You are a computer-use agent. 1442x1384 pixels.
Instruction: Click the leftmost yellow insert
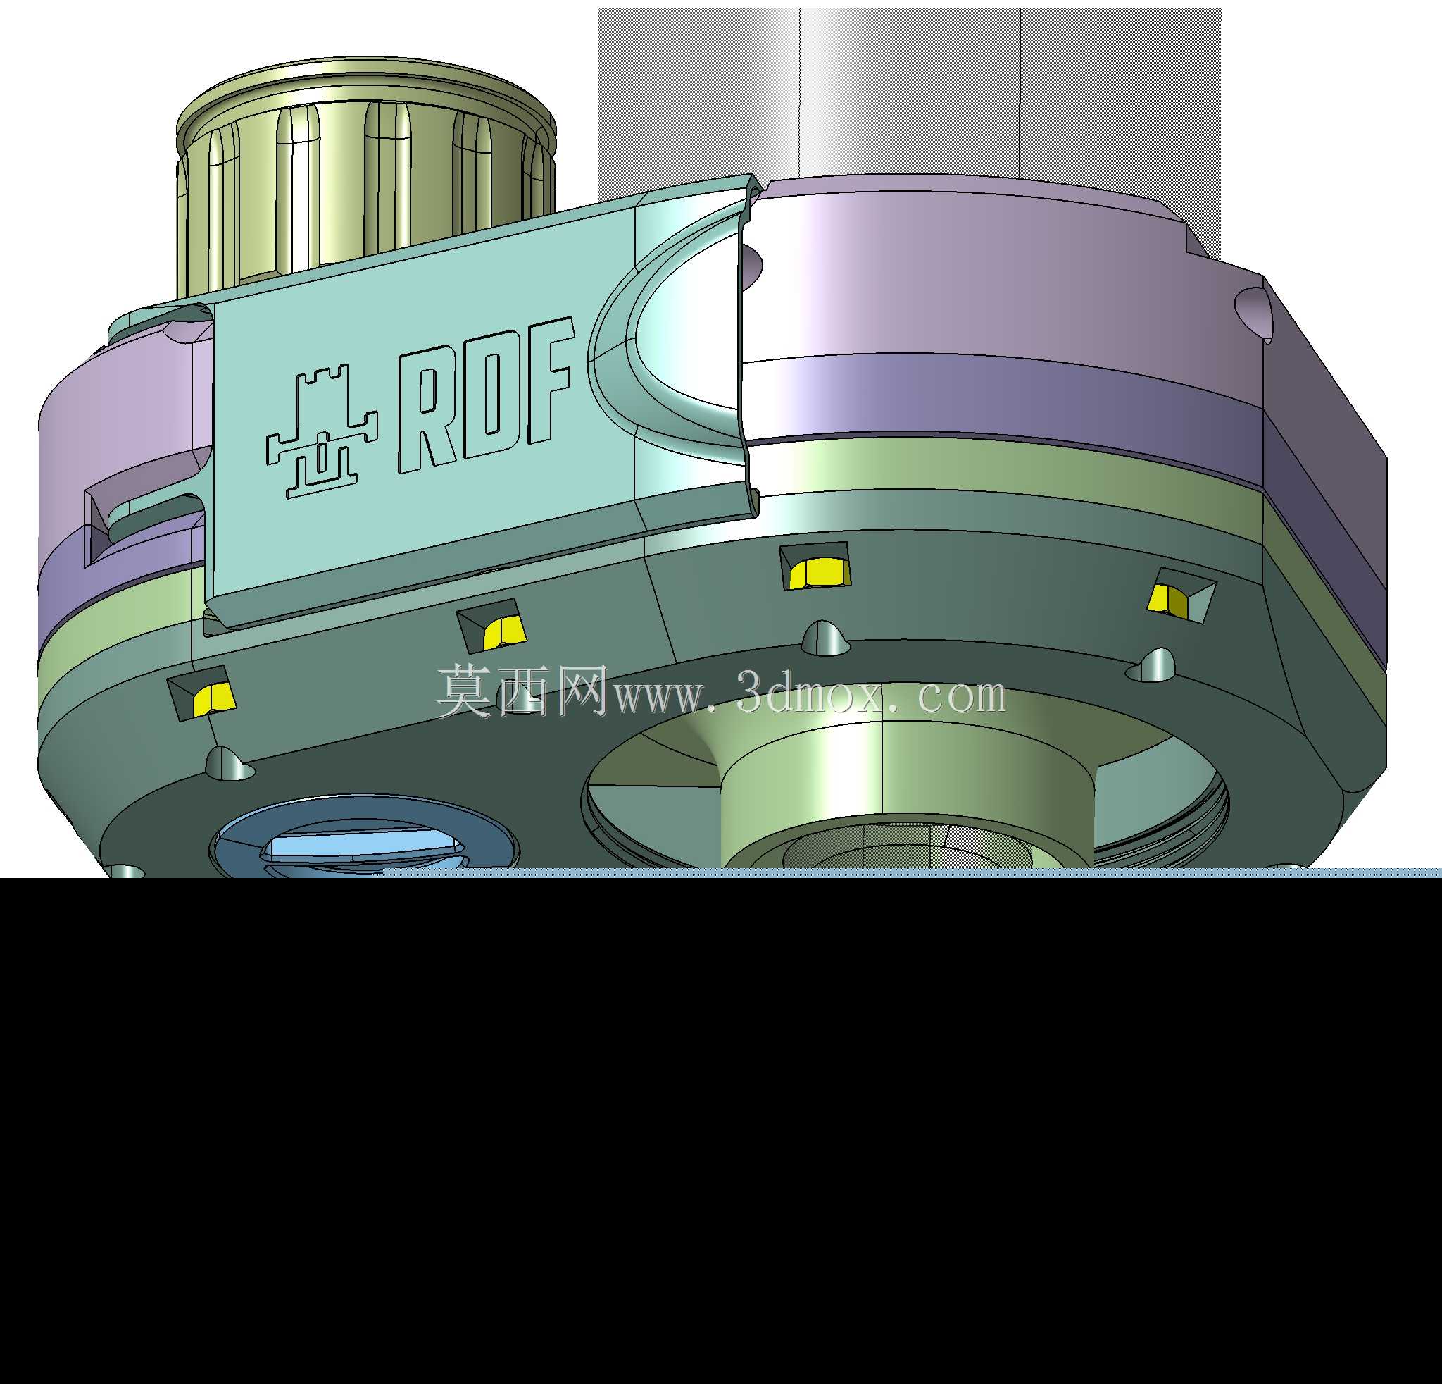(213, 698)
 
